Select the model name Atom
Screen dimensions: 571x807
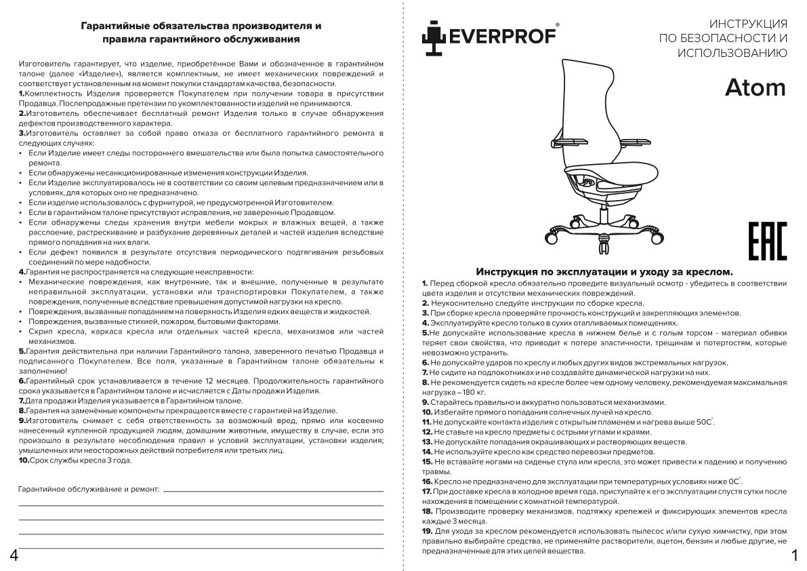pyautogui.click(x=756, y=88)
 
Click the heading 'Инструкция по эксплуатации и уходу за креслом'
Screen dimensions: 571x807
pyautogui.click(x=604, y=271)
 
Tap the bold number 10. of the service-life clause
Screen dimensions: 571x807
pyautogui.click(x=23, y=460)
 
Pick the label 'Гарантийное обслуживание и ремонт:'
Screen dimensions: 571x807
pyautogui.click(x=89, y=488)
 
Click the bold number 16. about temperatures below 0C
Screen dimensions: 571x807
pyautogui.click(x=427, y=480)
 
